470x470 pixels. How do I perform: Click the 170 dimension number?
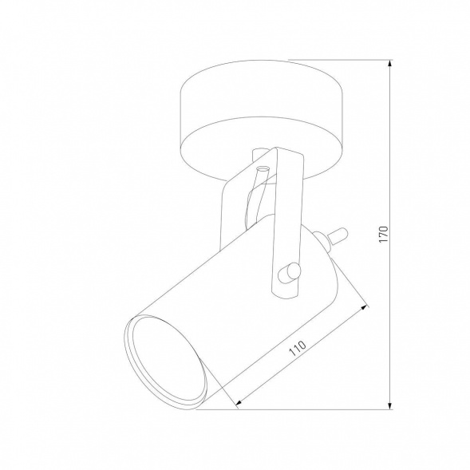(384, 234)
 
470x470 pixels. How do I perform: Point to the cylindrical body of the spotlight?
(239, 303)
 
